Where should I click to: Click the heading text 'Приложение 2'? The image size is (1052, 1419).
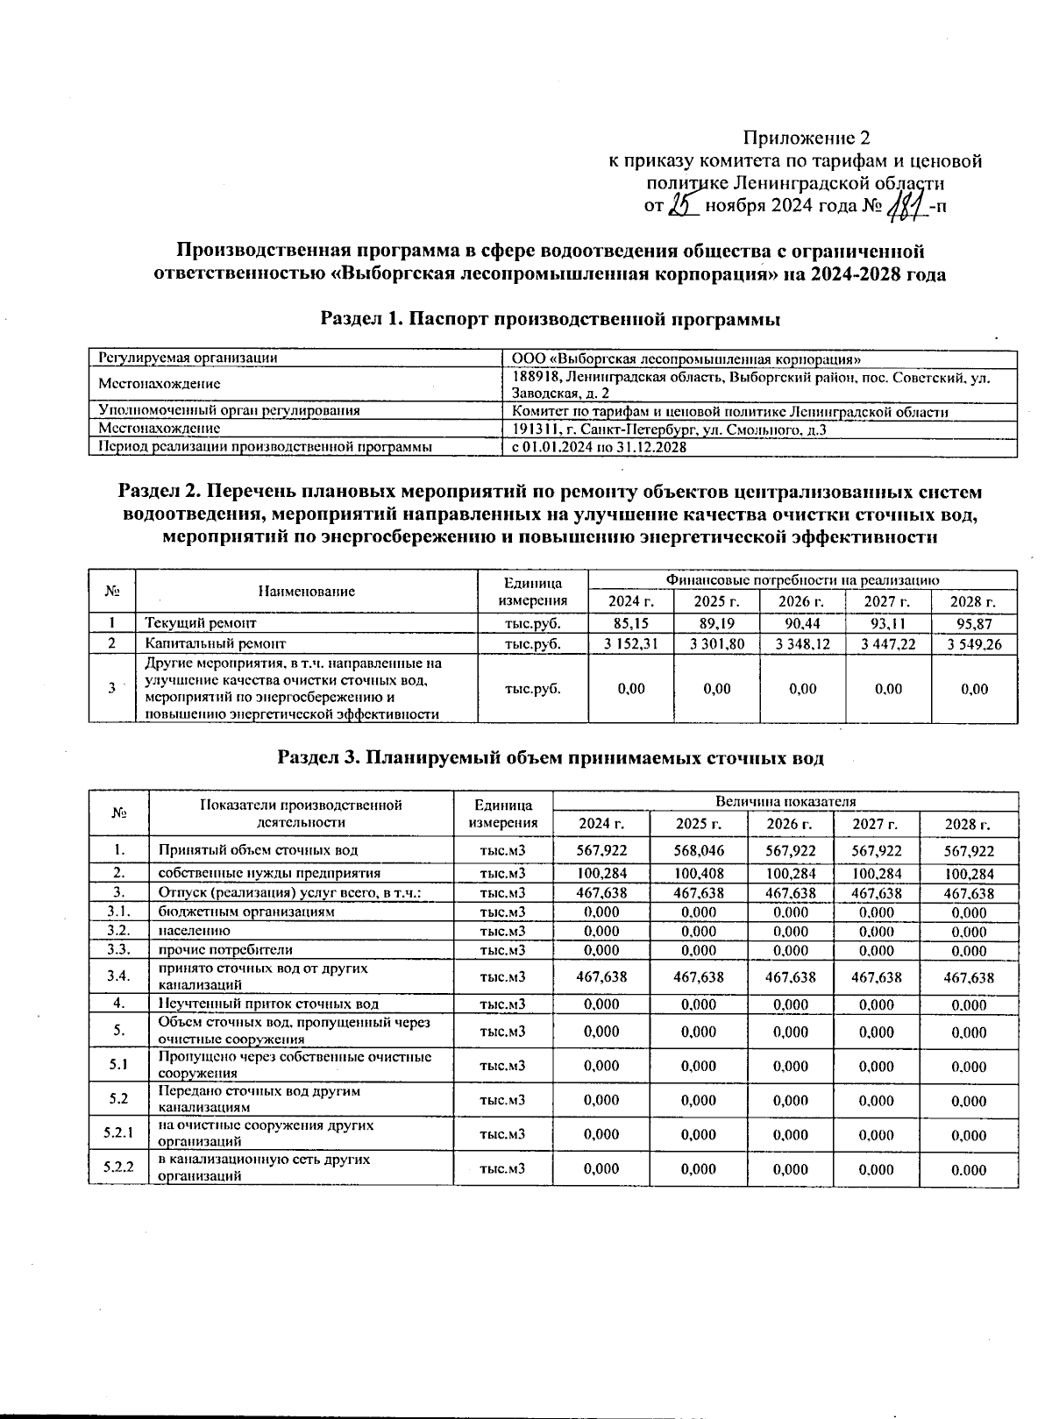point(806,138)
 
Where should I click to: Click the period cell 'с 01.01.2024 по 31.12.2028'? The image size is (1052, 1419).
point(599,447)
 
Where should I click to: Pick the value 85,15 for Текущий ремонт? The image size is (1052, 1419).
point(631,623)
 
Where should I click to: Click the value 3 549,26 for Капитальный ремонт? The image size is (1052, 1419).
point(975,644)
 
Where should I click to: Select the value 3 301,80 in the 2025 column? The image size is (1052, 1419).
point(717,644)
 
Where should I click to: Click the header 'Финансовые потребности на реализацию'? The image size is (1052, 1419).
point(803,580)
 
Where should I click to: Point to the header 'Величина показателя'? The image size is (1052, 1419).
point(785,801)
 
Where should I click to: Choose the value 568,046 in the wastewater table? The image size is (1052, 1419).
point(698,851)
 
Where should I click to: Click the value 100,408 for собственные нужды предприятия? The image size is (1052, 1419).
point(698,874)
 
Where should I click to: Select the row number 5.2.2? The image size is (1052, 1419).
point(118,1168)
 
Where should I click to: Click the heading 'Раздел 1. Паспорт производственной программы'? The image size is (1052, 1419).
point(551,319)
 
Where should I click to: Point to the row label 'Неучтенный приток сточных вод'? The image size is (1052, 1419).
point(268,1004)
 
